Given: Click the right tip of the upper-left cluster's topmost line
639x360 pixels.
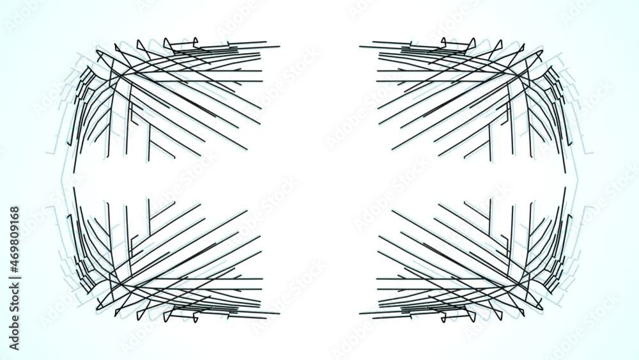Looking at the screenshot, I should [x=279, y=46].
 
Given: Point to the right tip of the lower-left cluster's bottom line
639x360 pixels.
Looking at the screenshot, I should [x=279, y=313].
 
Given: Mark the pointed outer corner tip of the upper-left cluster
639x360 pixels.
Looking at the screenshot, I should [x=97, y=51].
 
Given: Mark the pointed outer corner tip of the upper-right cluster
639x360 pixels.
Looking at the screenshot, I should [x=542, y=51].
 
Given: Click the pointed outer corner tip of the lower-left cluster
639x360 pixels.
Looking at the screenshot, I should [x=97, y=309].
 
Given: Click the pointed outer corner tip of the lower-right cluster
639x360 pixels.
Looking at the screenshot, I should [x=542, y=309].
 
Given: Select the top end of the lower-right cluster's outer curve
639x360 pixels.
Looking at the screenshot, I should [x=566, y=188].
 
